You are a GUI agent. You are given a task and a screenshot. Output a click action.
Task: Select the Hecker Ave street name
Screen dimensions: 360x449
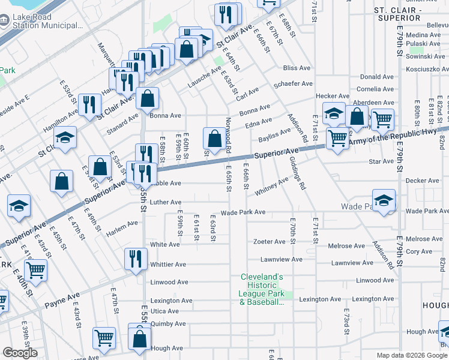[x=333, y=96]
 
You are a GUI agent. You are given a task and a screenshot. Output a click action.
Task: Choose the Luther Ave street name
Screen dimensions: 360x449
[x=166, y=202]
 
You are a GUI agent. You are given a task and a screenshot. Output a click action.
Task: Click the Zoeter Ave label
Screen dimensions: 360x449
[x=269, y=242]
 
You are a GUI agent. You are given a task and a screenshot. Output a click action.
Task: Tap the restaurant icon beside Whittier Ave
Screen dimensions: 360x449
[x=135, y=258]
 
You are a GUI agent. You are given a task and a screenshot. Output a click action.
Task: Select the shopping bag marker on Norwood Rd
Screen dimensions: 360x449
[x=214, y=139]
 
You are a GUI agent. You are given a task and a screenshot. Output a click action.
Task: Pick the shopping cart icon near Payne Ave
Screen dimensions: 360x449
[x=36, y=270]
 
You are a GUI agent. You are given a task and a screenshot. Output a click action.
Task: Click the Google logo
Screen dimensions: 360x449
[x=20, y=353]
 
